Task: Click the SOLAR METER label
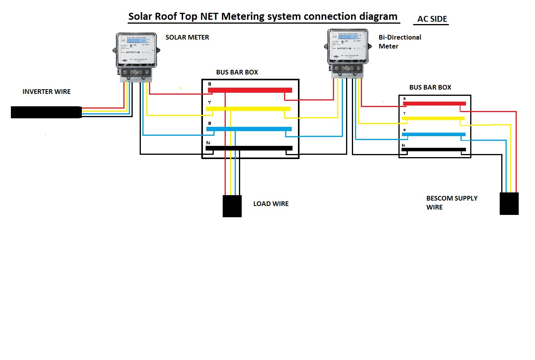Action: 187,37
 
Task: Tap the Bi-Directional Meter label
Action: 399,42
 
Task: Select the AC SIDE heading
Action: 432,19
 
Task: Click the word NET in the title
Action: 209,17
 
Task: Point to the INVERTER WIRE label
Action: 47,92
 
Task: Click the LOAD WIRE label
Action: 271,204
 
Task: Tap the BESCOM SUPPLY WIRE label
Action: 451,202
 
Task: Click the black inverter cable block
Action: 46,112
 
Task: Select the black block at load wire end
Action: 232,206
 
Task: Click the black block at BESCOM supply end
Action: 509,204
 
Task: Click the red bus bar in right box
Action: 435,104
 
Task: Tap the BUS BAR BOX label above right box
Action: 430,87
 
